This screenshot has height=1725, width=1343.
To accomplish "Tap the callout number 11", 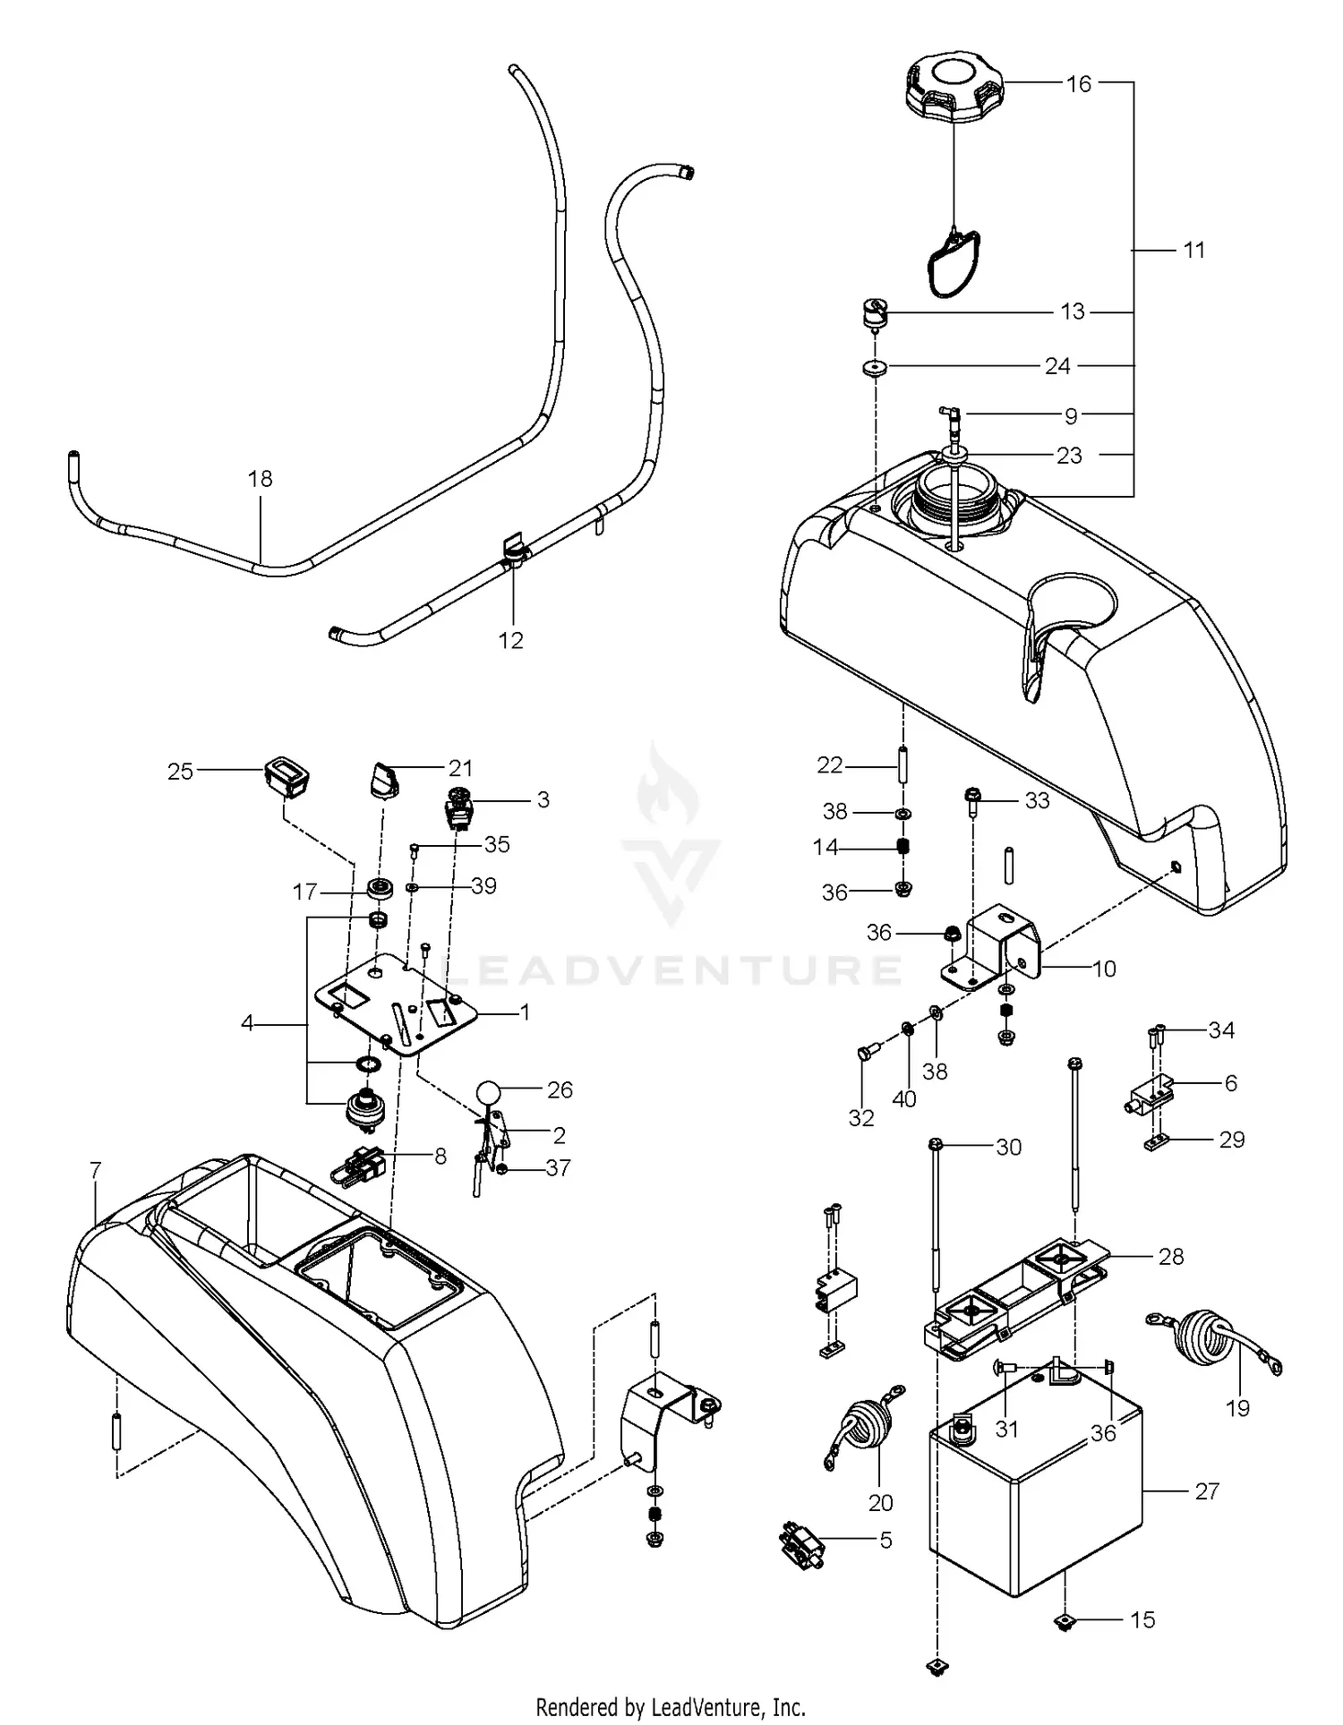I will [x=1194, y=250].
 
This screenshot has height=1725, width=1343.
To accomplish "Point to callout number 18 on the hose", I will [x=261, y=479].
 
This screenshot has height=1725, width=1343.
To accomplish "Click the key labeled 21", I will [x=386, y=778].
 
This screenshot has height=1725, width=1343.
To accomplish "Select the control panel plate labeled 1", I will [x=394, y=1007].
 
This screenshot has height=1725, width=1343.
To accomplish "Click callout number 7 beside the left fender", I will [x=96, y=1170].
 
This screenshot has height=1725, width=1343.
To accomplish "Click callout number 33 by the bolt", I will [x=1037, y=800].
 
